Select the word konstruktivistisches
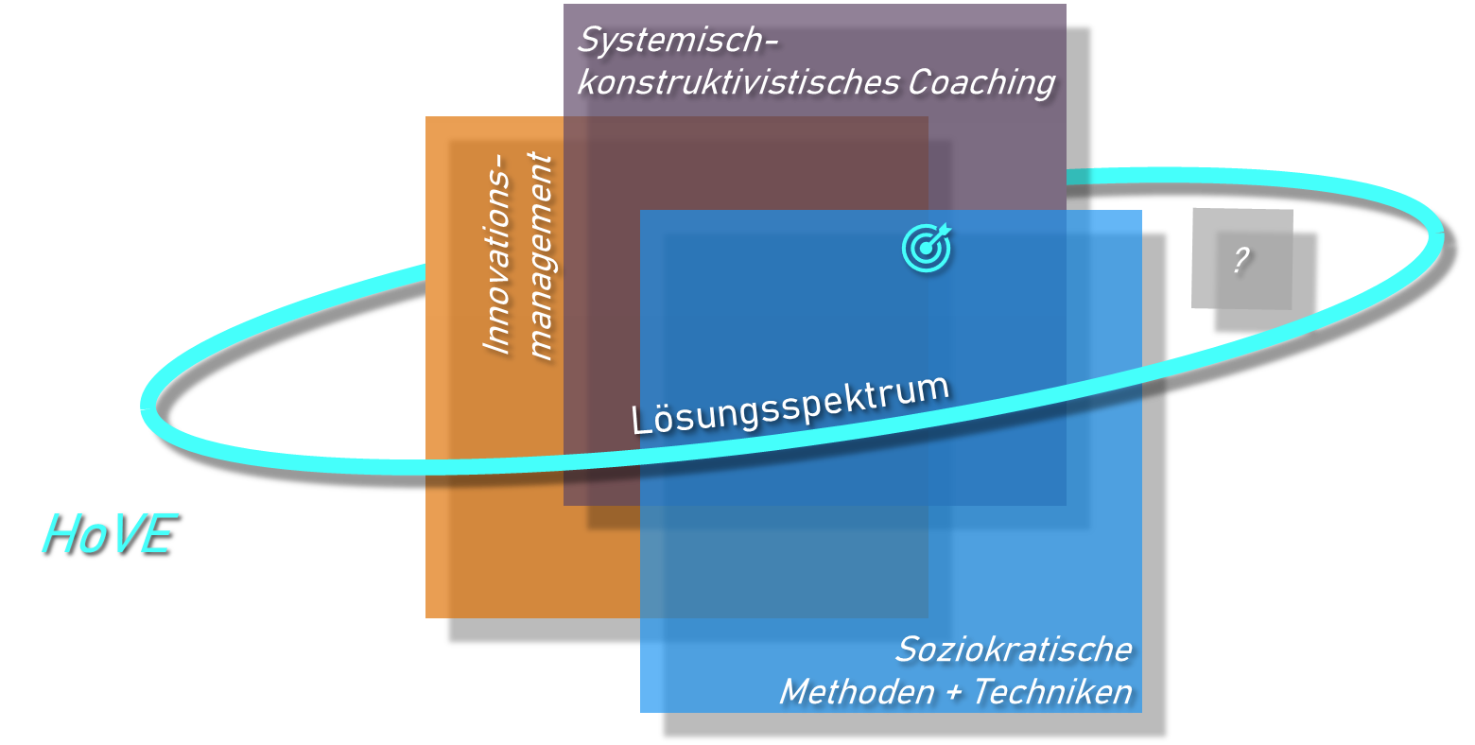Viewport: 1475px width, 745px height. [x=737, y=83]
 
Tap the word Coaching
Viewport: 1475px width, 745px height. [x=981, y=83]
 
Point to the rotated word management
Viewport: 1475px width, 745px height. [x=540, y=257]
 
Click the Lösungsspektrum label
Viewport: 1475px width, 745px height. [x=790, y=405]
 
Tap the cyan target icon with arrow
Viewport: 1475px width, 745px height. [x=927, y=248]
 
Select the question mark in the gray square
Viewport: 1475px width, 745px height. [x=1241, y=259]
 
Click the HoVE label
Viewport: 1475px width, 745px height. [x=108, y=535]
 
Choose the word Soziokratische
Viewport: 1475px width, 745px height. [x=1014, y=650]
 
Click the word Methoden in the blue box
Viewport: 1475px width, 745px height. [x=857, y=692]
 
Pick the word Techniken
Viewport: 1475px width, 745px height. [x=1052, y=692]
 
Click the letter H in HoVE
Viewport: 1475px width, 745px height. [x=60, y=535]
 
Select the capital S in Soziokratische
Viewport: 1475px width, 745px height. [x=908, y=650]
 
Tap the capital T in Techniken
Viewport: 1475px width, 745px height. [x=983, y=692]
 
